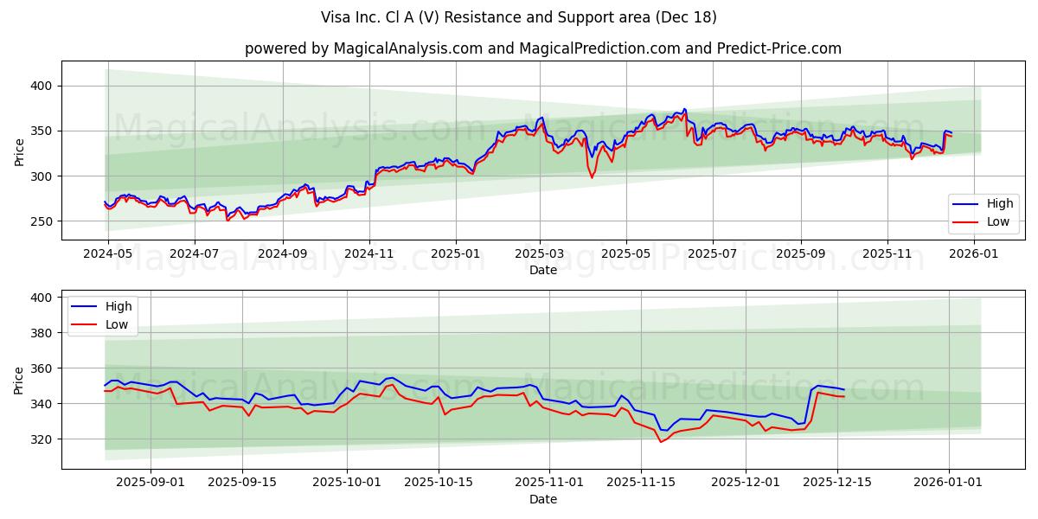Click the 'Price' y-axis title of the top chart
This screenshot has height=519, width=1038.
pos(19,151)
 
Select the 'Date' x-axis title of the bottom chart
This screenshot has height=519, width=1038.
pos(542,499)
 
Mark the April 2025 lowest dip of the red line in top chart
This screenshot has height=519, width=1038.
pos(592,178)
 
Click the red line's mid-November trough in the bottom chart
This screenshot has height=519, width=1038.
pos(661,442)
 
